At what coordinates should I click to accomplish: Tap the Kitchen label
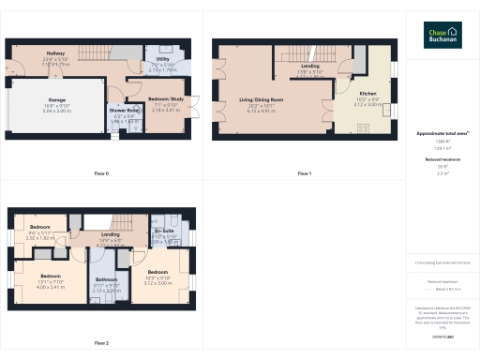(x=368, y=94)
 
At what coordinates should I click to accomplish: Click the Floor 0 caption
(x=101, y=173)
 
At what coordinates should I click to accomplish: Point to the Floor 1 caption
(x=304, y=173)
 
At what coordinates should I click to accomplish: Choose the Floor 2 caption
(x=101, y=342)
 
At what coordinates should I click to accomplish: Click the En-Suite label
(x=165, y=231)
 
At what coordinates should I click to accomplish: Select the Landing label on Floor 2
(x=111, y=234)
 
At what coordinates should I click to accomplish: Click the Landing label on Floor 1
(x=309, y=67)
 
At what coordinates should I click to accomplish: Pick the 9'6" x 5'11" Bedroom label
(x=39, y=228)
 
